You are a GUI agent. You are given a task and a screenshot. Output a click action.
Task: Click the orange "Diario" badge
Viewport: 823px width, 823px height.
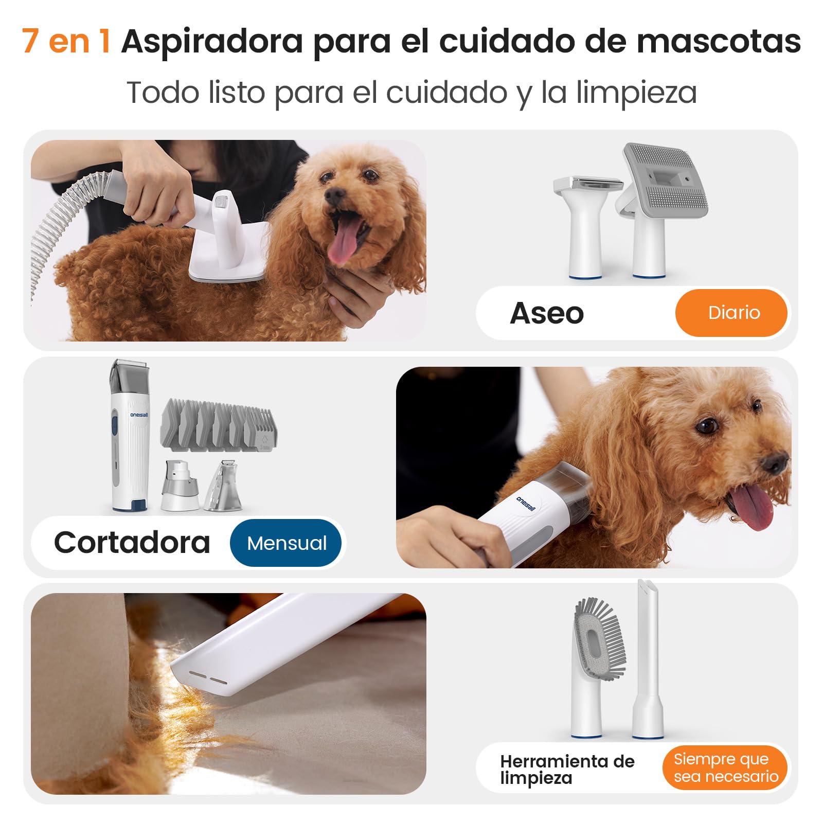coord(731,313)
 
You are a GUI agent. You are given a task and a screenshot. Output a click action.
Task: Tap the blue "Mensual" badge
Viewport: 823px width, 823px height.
coord(286,543)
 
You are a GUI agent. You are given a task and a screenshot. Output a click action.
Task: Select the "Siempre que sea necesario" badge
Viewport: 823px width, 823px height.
coord(725,767)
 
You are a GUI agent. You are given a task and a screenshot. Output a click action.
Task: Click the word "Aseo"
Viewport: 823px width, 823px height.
coord(547,313)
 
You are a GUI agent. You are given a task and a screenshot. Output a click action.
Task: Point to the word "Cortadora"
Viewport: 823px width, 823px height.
coord(132,542)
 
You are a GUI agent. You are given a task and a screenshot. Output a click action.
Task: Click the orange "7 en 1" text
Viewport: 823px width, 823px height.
coord(66,41)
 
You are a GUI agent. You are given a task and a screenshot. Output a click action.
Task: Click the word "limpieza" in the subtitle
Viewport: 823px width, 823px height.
coord(636,93)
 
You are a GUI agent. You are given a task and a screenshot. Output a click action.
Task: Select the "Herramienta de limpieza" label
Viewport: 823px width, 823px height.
coord(567,769)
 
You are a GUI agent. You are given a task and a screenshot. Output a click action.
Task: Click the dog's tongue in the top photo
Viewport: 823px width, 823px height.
coord(345,239)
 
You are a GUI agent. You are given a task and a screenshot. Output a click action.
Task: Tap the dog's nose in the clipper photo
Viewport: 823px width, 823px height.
coord(774,463)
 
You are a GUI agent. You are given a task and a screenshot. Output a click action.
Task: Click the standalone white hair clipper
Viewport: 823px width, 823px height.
coord(130,435)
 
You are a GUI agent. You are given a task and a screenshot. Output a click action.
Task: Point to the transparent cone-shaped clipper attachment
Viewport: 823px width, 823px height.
coord(224,486)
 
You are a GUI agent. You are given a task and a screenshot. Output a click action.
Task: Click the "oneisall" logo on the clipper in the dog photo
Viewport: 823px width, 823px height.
coord(526,503)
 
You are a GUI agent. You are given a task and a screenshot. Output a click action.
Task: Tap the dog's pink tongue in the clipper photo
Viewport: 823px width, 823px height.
coord(753,505)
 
